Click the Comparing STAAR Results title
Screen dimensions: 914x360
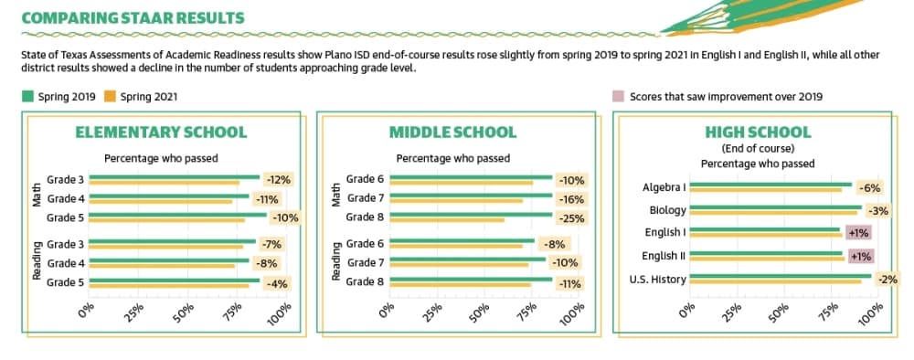coord(133,18)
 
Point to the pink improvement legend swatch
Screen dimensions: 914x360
coord(619,97)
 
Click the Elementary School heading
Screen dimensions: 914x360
coord(161,132)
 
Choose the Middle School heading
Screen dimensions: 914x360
coord(453,132)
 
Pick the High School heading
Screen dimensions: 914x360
coord(758,132)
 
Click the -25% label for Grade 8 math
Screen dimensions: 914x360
coord(571,217)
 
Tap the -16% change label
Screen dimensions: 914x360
coord(571,199)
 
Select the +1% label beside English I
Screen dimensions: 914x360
coord(858,233)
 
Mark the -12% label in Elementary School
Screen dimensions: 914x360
coord(278,180)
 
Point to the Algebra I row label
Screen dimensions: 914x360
coord(664,187)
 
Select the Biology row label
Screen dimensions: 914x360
coord(668,210)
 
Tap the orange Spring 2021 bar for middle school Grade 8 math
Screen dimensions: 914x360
coord(447,220)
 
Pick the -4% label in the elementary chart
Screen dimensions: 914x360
coord(277,283)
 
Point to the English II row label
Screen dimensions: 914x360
coord(664,256)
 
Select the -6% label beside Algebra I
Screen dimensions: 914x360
coord(869,187)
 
